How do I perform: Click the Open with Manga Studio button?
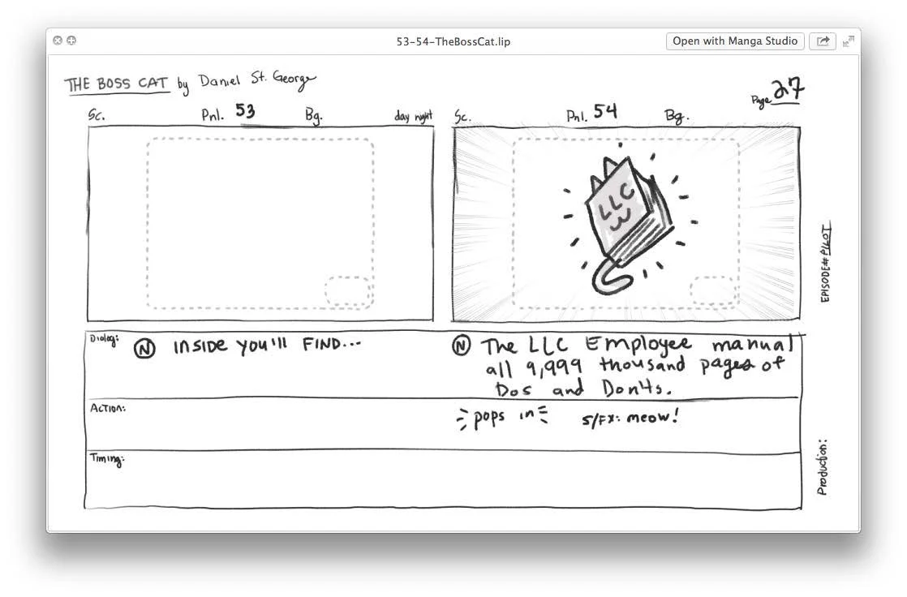[x=735, y=41]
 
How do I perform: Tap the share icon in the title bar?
[x=823, y=41]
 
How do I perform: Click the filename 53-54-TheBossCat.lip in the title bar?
[x=453, y=41]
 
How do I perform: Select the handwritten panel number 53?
[x=245, y=111]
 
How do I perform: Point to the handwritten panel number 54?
[x=604, y=112]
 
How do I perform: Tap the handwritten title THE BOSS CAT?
[x=117, y=84]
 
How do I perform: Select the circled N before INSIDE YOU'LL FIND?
[x=144, y=349]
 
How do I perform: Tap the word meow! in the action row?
[x=652, y=419]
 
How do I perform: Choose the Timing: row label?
[x=105, y=460]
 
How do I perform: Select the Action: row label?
[x=107, y=408]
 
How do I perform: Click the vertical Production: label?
[x=823, y=468]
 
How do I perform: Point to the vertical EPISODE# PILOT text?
[x=826, y=264]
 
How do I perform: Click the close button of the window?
[x=58, y=41]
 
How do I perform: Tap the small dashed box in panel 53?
[x=349, y=291]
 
